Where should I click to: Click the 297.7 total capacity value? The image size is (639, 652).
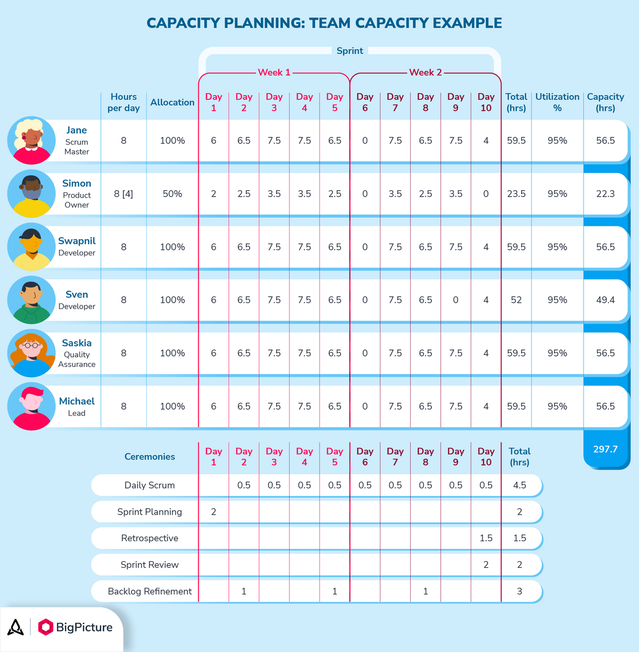pyautogui.click(x=605, y=449)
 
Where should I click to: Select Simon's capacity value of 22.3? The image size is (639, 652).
pyautogui.click(x=605, y=194)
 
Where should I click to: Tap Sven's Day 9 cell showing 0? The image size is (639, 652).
pyautogui.click(x=455, y=300)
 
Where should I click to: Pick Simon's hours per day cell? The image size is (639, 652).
pyautogui.click(x=123, y=194)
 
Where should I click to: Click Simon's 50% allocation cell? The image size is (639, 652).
pyautogui.click(x=172, y=194)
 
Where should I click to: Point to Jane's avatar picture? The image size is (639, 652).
pyautogui.click(x=32, y=141)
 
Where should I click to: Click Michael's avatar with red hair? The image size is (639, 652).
pyautogui.click(x=32, y=406)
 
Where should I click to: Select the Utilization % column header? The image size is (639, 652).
pyautogui.click(x=557, y=102)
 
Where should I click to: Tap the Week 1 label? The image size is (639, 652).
pyautogui.click(x=274, y=72)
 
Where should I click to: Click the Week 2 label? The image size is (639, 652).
pyautogui.click(x=425, y=72)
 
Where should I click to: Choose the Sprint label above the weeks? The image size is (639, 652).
pyautogui.click(x=349, y=51)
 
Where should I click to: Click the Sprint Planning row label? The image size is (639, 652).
pyautogui.click(x=149, y=512)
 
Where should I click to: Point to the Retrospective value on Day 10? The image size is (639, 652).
pyautogui.click(x=486, y=538)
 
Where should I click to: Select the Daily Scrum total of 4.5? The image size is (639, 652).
pyautogui.click(x=519, y=485)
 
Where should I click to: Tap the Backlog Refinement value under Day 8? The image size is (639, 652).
pyautogui.click(x=425, y=591)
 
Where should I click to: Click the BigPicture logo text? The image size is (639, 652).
pyautogui.click(x=84, y=628)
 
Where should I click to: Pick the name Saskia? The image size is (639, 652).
pyautogui.click(x=77, y=343)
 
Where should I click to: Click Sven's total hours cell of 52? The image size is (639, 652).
pyautogui.click(x=516, y=300)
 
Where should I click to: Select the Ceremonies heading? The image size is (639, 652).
pyautogui.click(x=149, y=456)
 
